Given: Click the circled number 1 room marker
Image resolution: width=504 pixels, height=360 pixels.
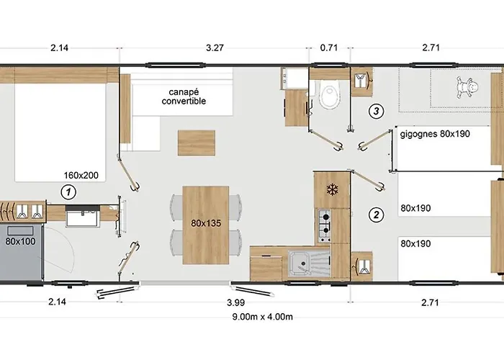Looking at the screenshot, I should point(68,192).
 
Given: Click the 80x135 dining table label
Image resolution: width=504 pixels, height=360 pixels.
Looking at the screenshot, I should point(207,223).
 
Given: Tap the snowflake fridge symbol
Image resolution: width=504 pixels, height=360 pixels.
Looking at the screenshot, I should point(333,189).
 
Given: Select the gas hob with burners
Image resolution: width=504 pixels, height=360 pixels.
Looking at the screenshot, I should point(325,224).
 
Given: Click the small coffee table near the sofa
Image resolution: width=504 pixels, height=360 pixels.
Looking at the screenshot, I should point(197,143).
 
